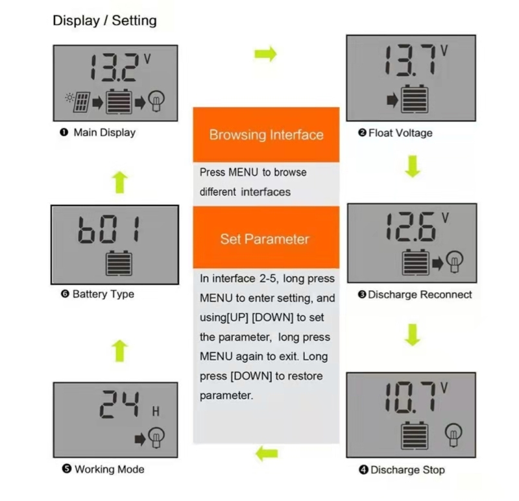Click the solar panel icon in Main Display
tap(82, 102)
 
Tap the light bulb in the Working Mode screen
tap(156, 437)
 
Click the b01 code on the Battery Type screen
tap(110, 229)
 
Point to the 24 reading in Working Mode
tap(120, 404)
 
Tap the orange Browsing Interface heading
tap(266, 135)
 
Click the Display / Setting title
tap(104, 21)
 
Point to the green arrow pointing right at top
tap(265, 54)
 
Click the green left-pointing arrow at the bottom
tap(267, 454)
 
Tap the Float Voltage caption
tap(400, 133)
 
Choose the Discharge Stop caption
tap(407, 470)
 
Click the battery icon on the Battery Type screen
tap(119, 263)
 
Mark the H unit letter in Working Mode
tap(156, 411)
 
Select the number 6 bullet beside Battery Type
tap(65, 294)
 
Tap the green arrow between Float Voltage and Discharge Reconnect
tap(413, 166)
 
